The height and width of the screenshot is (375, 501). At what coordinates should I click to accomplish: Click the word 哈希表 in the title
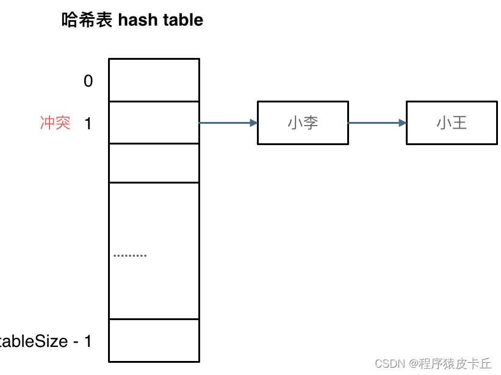[87, 20]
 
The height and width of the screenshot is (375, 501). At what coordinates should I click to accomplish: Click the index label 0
[88, 80]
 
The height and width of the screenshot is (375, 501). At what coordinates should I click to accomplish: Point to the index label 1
[88, 123]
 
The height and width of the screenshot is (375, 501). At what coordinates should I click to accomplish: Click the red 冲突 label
[56, 123]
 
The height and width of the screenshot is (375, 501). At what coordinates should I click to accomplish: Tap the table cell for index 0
[154, 80]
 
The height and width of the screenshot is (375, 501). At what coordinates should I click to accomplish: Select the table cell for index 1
[154, 123]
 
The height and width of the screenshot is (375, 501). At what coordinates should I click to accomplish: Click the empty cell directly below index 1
[154, 163]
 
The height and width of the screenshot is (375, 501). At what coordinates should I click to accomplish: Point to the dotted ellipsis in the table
[130, 255]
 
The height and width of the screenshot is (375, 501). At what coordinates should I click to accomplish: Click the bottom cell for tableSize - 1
[154, 340]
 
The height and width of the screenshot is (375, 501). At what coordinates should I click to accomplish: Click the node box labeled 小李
[303, 123]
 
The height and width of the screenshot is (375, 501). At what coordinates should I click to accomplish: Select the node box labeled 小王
[452, 123]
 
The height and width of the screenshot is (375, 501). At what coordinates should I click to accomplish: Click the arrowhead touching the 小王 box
[402, 123]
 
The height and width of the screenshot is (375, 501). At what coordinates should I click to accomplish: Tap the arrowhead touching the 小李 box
[253, 123]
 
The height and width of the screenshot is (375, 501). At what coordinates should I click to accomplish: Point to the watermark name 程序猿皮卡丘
[455, 364]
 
